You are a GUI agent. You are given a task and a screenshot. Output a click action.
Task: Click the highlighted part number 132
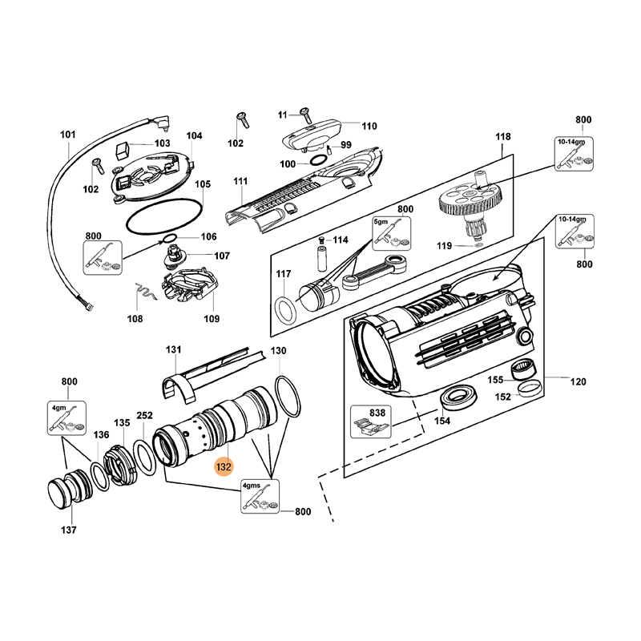click(222, 466)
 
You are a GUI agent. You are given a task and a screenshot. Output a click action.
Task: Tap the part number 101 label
click(67, 135)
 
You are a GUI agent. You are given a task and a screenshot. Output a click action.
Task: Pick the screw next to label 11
click(305, 113)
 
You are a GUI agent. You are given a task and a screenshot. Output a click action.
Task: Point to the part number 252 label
click(145, 415)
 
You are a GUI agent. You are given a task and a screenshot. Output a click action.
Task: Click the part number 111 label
click(240, 183)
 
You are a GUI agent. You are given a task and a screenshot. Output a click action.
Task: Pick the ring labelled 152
click(526, 389)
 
